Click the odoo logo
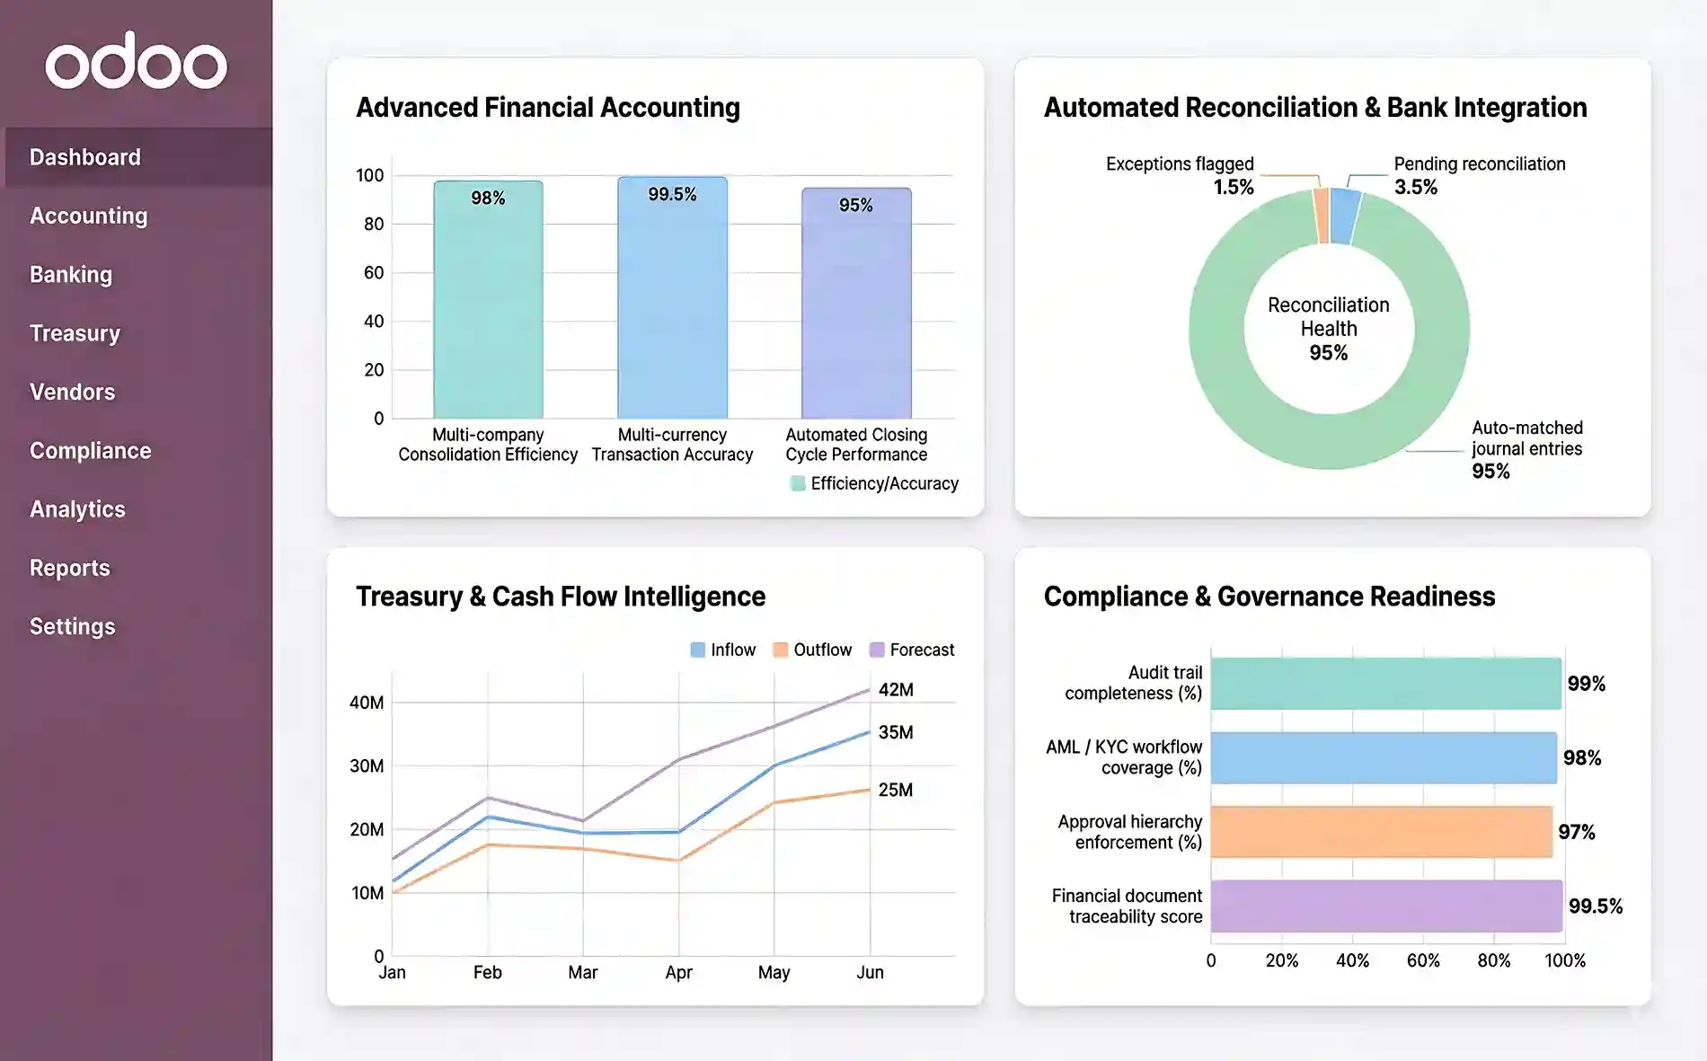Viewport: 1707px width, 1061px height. click(x=136, y=62)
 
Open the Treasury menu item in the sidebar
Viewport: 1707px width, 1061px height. click(x=75, y=333)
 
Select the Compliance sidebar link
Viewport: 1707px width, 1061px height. click(x=90, y=450)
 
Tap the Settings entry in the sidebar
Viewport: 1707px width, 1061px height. click(x=72, y=626)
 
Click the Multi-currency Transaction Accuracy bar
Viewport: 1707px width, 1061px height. click(x=672, y=305)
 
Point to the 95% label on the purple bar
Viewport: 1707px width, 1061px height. click(x=855, y=205)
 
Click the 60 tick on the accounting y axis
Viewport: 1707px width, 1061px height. click(x=373, y=272)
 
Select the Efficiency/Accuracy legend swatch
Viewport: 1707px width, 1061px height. click(x=797, y=483)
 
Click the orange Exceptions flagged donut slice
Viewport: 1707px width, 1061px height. click(x=1322, y=216)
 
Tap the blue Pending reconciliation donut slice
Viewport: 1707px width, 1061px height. click(x=1345, y=216)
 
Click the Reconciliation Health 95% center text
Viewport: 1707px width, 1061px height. click(x=1328, y=329)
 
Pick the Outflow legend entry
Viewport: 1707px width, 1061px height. click(x=812, y=650)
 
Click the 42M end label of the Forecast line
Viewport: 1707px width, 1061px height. click(x=896, y=690)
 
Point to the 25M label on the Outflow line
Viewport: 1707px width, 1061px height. click(x=895, y=790)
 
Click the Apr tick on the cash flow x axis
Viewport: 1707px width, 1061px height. click(x=678, y=972)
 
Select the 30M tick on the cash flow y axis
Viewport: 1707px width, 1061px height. click(x=366, y=765)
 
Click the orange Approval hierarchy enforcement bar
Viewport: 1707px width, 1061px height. click(x=1382, y=832)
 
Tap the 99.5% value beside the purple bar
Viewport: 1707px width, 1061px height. click(x=1595, y=906)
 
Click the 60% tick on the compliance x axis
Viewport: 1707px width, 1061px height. click(x=1423, y=960)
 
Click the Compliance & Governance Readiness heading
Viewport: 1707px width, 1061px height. click(x=1269, y=597)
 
